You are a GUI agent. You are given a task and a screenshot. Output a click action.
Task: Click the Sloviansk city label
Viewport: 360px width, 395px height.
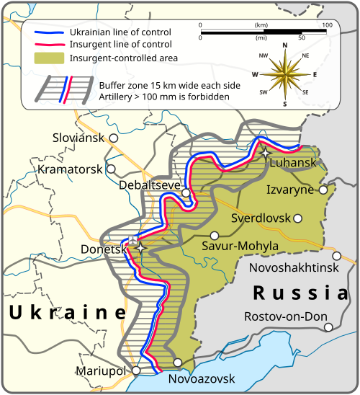(x=78, y=137)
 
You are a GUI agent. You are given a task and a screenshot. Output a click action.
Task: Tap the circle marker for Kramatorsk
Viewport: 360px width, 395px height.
(x=111, y=169)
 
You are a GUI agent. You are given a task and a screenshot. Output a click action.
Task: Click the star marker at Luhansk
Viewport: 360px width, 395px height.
(x=266, y=153)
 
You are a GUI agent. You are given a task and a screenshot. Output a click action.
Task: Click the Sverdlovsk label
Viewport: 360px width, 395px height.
(x=260, y=218)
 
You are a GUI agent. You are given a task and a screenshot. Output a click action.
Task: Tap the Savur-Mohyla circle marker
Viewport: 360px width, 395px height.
(x=214, y=235)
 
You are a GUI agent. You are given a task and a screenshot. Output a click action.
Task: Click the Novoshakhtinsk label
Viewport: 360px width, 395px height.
(x=292, y=267)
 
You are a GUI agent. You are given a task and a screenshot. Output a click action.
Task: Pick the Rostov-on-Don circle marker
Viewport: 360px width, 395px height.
(x=328, y=327)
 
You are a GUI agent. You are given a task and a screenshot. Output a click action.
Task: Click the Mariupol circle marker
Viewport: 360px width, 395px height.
(x=132, y=370)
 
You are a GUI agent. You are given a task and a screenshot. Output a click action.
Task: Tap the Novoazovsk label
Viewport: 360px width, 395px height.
(x=201, y=378)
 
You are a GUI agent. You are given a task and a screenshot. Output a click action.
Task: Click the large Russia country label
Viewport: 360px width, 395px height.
(x=300, y=293)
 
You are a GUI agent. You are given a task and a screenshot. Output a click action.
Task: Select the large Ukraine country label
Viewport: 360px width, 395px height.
(x=67, y=312)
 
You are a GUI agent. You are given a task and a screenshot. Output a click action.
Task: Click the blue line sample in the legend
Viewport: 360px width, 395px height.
(x=48, y=32)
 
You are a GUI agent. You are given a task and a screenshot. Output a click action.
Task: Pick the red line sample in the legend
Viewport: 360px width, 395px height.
(x=48, y=45)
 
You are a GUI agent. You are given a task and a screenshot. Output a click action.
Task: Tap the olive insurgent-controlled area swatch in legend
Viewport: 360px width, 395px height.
(x=48, y=58)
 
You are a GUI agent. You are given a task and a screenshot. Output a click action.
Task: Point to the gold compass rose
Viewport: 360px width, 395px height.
(x=284, y=74)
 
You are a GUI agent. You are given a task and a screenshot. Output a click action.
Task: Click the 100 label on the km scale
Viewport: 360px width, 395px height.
(x=327, y=25)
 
